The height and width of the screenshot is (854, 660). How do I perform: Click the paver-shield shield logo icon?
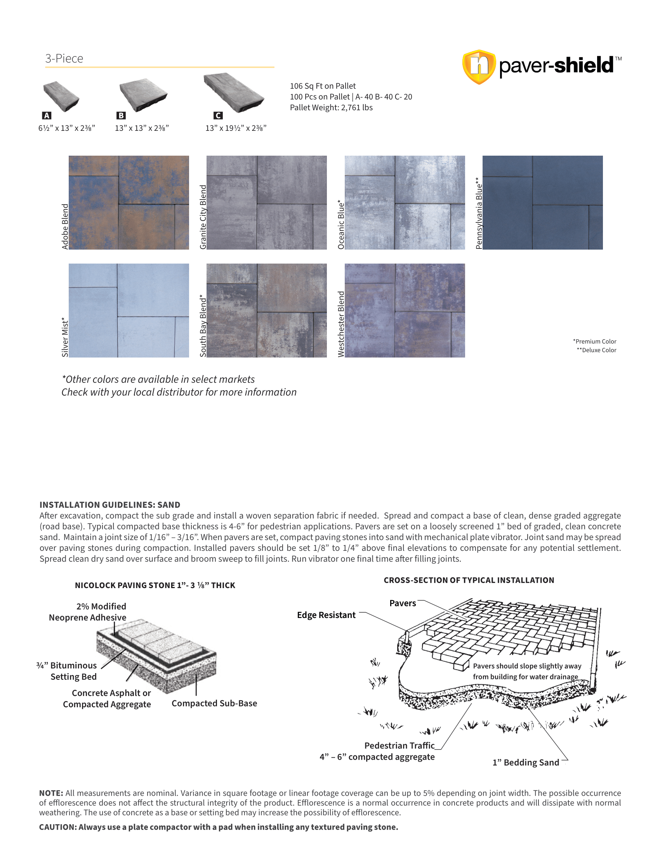click(x=479, y=66)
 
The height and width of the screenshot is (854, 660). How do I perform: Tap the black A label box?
click(x=47, y=115)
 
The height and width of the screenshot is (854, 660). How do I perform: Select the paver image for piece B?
click(x=143, y=94)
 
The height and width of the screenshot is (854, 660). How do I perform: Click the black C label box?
click(x=218, y=115)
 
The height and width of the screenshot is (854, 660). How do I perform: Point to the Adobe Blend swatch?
click(x=129, y=203)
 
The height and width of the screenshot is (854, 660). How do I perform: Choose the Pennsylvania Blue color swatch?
click(x=542, y=203)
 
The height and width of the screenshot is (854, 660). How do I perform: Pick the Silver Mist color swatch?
click(x=129, y=311)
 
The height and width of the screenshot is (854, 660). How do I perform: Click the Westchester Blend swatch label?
click(x=341, y=324)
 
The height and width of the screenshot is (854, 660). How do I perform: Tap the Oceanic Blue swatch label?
click(x=341, y=225)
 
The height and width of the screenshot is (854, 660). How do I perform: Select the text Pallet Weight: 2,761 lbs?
click(x=331, y=108)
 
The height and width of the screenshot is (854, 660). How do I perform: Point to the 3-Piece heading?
click(x=64, y=59)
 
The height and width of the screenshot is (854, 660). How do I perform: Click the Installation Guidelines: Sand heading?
click(x=110, y=505)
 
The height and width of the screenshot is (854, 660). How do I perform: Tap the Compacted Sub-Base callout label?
click(x=214, y=703)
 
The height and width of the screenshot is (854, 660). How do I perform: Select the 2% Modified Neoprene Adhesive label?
click(x=88, y=612)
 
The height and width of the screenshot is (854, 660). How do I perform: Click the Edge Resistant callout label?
click(x=326, y=615)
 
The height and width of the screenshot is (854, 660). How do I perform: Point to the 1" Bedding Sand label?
click(x=526, y=762)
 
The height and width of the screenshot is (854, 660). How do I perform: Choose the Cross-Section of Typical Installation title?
click(x=469, y=580)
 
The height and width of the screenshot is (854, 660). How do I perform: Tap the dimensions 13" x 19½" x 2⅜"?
click(x=236, y=128)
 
